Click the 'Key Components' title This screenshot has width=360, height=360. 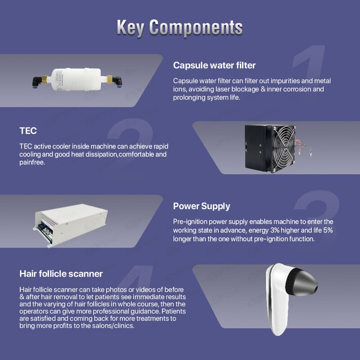point(180,27)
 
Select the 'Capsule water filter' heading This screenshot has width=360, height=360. point(214,65)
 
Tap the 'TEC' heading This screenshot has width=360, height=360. point(28,131)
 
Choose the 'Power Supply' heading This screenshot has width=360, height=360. point(202,206)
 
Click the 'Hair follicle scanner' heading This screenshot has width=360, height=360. point(61,274)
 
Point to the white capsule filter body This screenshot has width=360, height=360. point(76,79)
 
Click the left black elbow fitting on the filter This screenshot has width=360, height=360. point(38,82)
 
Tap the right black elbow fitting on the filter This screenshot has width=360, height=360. point(117,82)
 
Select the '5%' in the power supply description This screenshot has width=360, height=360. point(328,230)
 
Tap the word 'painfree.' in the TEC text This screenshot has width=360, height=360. point(32,162)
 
